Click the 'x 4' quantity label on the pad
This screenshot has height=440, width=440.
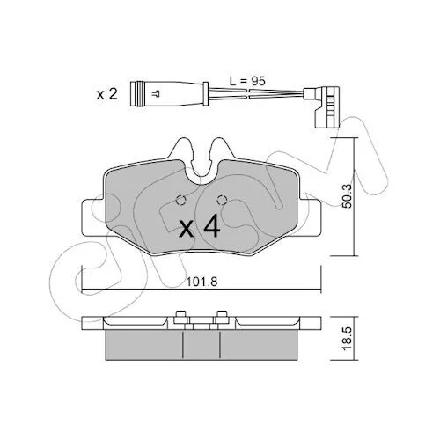coord(200,226)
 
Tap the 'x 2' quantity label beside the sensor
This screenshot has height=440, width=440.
coord(107,94)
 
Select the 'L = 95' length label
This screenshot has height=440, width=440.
coord(247,81)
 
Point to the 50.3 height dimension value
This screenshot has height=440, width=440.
coord(347,196)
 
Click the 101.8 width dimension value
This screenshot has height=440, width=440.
coord(202,282)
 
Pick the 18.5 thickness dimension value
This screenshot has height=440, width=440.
coord(347,339)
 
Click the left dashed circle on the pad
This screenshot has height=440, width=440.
coord(180,201)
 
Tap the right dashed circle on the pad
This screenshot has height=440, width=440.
coord(222,201)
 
